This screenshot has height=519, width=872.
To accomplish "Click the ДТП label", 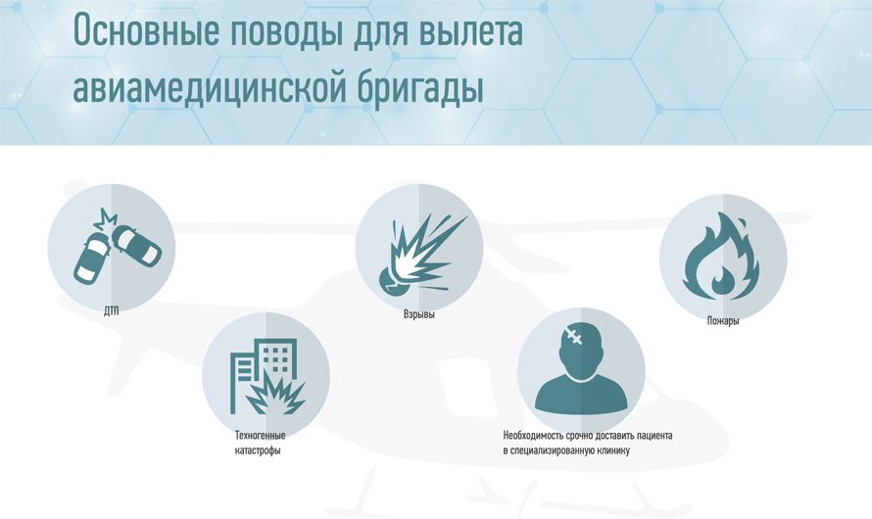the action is (112, 311).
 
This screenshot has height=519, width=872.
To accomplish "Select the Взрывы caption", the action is (418, 314).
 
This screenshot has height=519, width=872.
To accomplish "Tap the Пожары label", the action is (723, 320).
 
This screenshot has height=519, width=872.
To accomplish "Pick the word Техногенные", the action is (261, 435).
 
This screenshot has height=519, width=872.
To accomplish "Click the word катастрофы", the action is (258, 450).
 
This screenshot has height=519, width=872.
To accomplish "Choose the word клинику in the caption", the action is (614, 450).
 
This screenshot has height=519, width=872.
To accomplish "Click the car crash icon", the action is (118, 245).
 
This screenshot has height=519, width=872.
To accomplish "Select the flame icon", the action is (721, 257).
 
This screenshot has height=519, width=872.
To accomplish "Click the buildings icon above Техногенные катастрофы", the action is (266, 376).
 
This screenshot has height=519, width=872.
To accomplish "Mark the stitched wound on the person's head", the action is (572, 336).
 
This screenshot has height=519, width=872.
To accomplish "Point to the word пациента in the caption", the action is (654, 435).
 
